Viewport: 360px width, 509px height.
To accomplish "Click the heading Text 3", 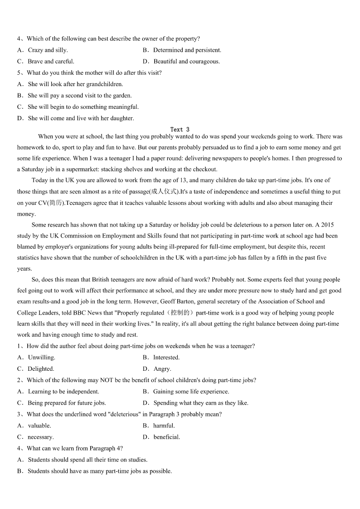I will [x=180, y=130].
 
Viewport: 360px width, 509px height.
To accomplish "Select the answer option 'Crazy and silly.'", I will [x=48, y=50].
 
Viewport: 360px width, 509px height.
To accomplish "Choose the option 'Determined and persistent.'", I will [x=187, y=50].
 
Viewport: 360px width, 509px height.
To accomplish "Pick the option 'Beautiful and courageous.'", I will [x=186, y=62].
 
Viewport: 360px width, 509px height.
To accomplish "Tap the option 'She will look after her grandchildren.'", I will [x=75, y=84].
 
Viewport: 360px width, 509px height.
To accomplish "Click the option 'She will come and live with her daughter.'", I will [x=81, y=118].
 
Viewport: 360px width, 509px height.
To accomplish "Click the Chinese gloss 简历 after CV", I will [x=55, y=203].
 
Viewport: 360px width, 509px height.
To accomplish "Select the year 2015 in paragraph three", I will [x=329, y=225].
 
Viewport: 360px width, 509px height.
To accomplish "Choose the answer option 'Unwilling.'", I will [x=41, y=358].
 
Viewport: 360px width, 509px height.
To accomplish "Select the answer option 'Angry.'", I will [x=162, y=369].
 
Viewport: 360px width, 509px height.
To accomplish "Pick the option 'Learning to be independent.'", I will [x=63, y=392].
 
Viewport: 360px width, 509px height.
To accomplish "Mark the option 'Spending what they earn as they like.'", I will [x=201, y=403].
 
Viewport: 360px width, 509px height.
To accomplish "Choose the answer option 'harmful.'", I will [x=164, y=426].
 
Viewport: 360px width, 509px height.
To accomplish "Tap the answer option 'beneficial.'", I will [x=166, y=437].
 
